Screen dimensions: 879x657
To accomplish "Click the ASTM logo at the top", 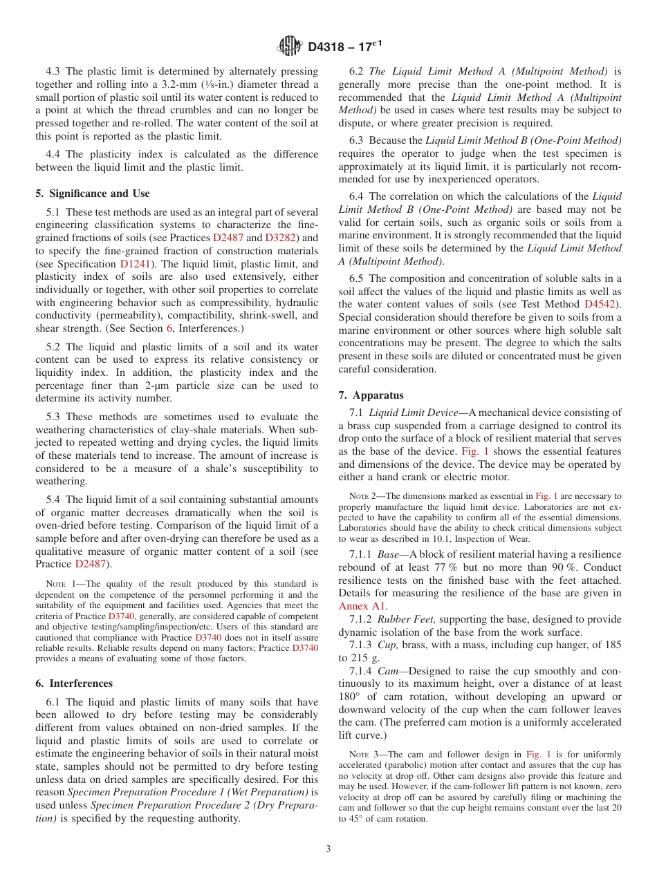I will (289, 46).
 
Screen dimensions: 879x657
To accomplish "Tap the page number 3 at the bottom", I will (328, 849).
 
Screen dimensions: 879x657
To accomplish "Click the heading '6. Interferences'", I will (74, 683).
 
